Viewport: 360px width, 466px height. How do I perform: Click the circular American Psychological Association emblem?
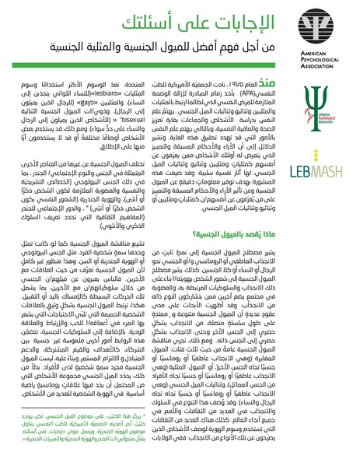point(329,27)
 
